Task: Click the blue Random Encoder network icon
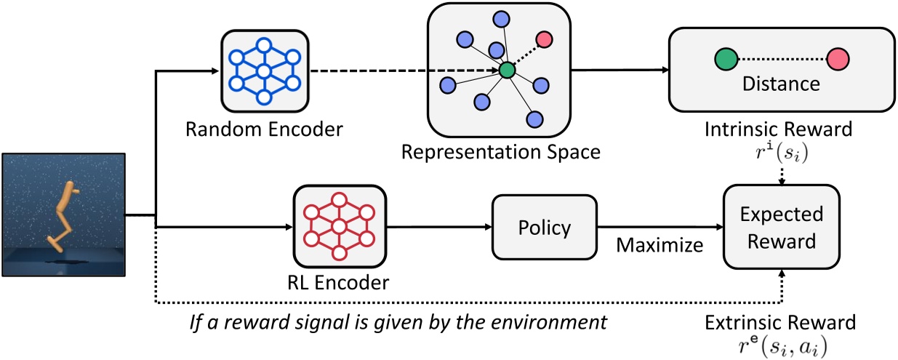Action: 264,71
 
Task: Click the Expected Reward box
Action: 782,228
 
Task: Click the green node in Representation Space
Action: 507,71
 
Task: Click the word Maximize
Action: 660,245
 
